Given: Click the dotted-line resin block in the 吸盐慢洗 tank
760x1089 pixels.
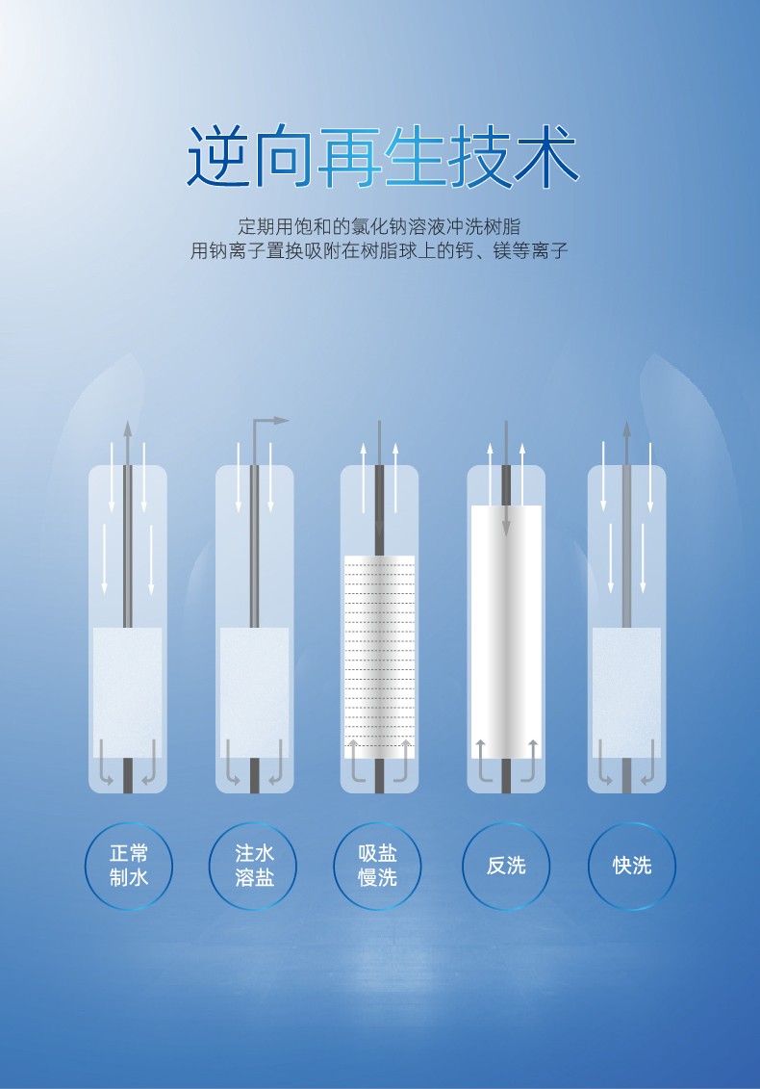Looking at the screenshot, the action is pyautogui.click(x=380, y=657).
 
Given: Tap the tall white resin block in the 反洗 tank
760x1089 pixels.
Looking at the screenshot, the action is pyautogui.click(x=506, y=632).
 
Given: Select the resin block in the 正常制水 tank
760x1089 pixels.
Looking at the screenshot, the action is pyautogui.click(x=128, y=692).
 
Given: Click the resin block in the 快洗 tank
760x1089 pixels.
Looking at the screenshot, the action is pyautogui.click(x=626, y=692).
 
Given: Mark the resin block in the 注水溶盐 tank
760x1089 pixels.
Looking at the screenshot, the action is pyautogui.click(x=255, y=692).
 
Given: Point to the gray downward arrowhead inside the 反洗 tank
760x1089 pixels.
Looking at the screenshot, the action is pyautogui.click(x=506, y=528).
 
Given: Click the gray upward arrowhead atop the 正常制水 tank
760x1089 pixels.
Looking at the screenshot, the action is pyautogui.click(x=128, y=428).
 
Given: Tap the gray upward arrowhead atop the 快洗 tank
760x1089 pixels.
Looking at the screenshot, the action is pyautogui.click(x=626, y=428).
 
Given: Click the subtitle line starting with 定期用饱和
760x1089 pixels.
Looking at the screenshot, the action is pyautogui.click(x=379, y=226).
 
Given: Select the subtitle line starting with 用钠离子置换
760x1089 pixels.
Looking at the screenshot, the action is pyautogui.click(x=379, y=250).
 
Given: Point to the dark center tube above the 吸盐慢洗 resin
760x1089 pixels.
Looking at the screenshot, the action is pyautogui.click(x=380, y=510).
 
